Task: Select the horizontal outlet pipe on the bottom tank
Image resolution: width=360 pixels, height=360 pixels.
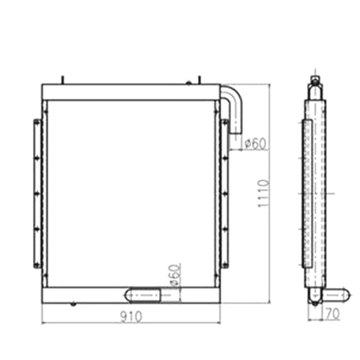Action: [x=144, y=295]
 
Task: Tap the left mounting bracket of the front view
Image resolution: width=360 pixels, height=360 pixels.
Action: [x=36, y=193]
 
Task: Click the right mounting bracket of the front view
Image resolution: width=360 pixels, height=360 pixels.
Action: [x=225, y=193]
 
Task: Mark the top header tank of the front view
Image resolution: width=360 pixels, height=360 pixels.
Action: [x=130, y=92]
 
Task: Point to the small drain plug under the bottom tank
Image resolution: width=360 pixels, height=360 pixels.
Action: [x=72, y=304]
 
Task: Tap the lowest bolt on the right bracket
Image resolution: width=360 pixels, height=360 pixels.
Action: [x=225, y=265]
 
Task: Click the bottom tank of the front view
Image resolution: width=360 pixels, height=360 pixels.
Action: [x=90, y=295]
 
